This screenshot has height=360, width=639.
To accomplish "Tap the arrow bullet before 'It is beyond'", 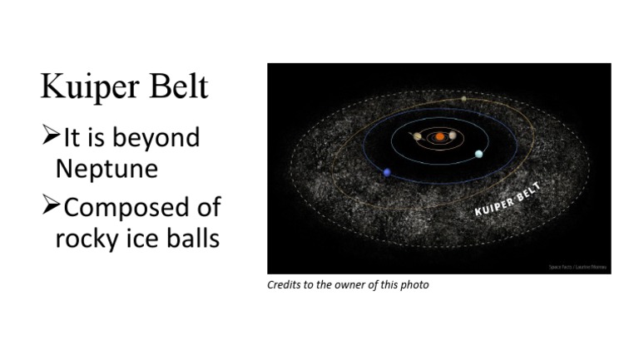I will pyautogui.click(x=51, y=135).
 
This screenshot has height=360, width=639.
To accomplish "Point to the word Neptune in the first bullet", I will pyautogui.click(x=106, y=168).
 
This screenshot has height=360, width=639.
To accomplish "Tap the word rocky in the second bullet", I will pyautogui.click(x=86, y=239).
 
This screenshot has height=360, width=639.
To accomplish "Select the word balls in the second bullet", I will pyautogui.click(x=191, y=238).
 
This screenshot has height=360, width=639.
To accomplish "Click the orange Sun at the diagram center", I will pyautogui.click(x=438, y=136).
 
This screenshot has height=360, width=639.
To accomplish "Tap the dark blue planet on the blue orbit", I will pyautogui.click(x=387, y=173).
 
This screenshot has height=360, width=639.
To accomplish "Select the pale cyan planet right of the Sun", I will pyautogui.click(x=478, y=154).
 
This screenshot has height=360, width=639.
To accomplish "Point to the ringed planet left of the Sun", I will pyautogui.click(x=418, y=136).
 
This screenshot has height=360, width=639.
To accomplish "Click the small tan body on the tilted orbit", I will pyautogui.click(x=464, y=99).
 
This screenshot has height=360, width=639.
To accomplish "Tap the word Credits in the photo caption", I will pyautogui.click(x=281, y=285).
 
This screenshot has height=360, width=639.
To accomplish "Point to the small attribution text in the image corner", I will pyautogui.click(x=577, y=267).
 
